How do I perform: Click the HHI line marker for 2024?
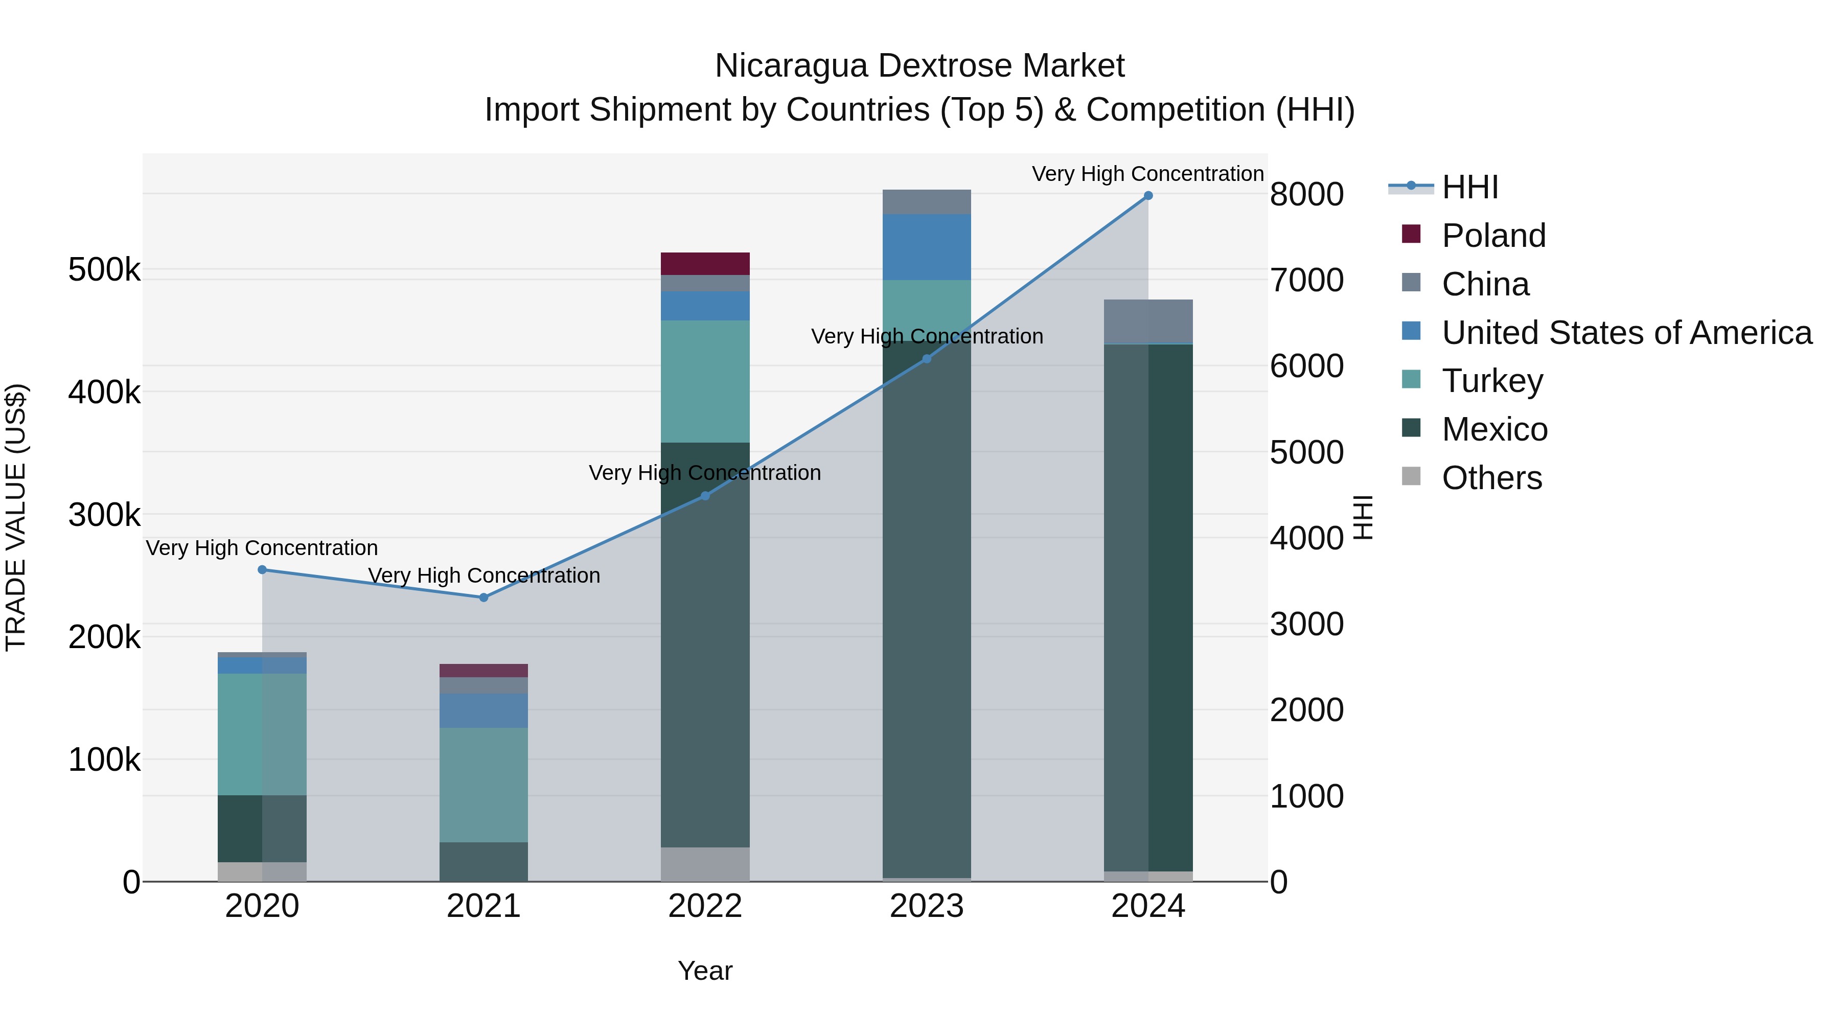1148,196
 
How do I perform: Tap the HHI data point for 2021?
484,597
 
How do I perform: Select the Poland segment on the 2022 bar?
705,264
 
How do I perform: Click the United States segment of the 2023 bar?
927,247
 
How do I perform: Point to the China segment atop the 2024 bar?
1148,321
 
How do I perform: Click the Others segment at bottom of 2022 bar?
705,864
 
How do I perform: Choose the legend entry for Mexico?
1494,429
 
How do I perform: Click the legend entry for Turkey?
1492,381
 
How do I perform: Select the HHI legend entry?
1469,187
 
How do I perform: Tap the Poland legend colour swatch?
1411,234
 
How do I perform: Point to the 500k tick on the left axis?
104,271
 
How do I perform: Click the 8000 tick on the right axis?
1306,194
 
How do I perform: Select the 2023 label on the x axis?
927,906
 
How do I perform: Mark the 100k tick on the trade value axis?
104,760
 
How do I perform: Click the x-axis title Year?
705,971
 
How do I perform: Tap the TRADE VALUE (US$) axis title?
16,517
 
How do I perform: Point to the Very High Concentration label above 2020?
262,548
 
